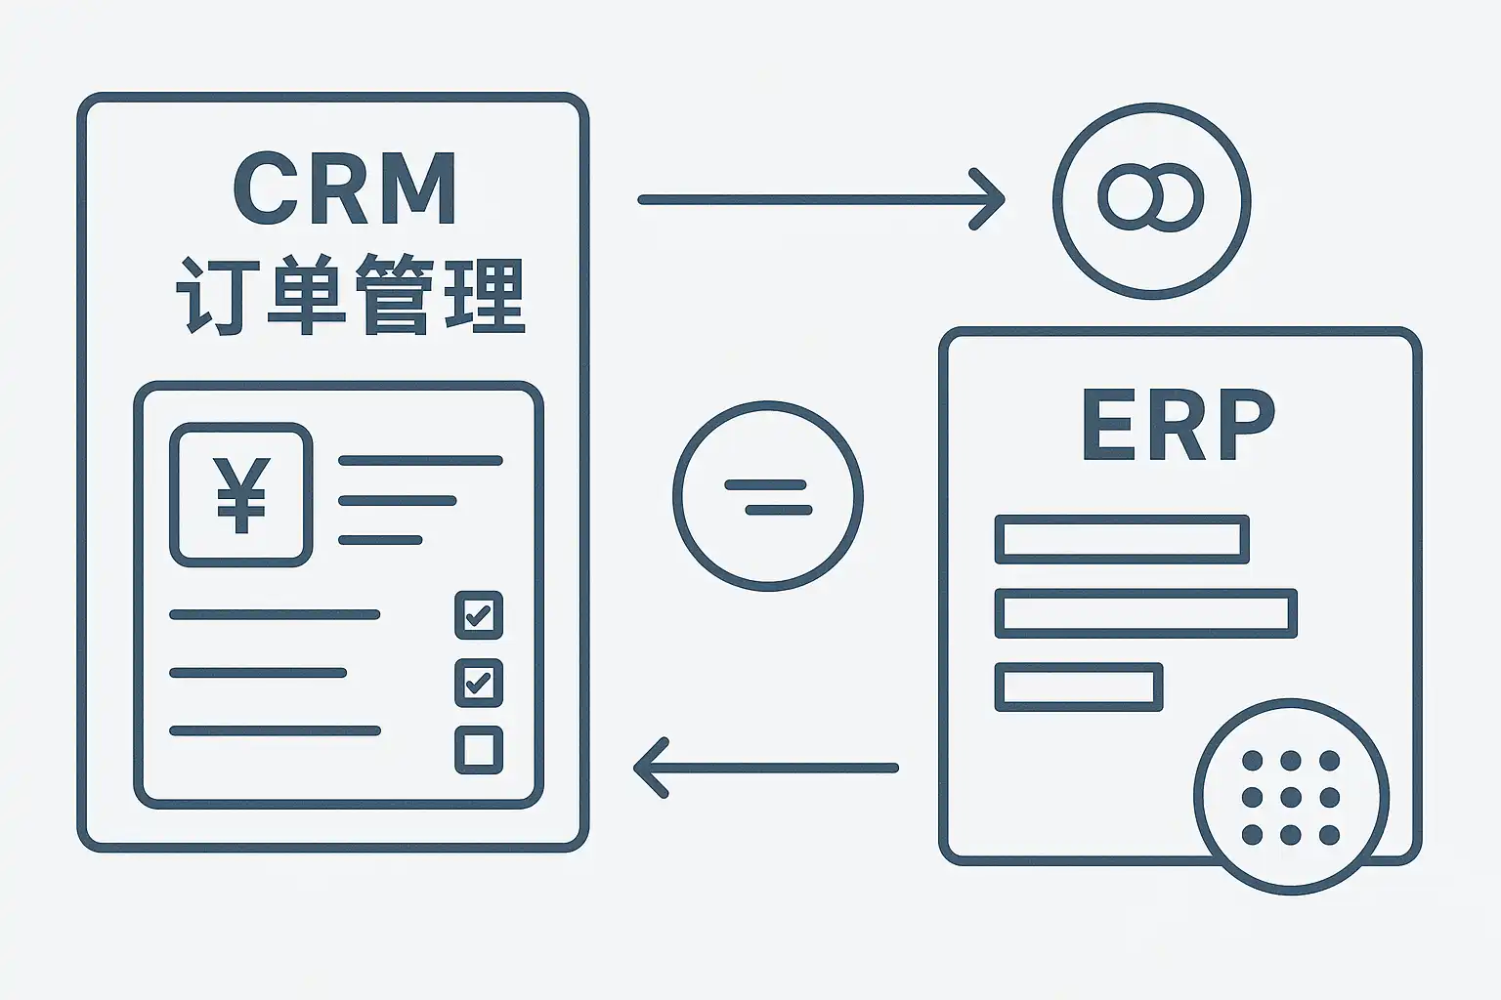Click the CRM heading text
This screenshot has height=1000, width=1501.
345,189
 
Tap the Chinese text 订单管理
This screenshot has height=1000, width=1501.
350,295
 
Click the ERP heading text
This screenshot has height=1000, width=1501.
1178,426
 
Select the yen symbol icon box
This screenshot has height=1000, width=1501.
240,495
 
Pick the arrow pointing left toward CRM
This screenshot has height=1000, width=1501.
766,768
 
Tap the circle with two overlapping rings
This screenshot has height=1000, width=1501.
1151,200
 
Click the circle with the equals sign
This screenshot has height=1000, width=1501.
767,496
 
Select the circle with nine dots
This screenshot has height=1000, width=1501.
1291,796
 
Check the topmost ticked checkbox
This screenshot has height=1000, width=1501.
479,615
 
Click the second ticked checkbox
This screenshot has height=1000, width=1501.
479,683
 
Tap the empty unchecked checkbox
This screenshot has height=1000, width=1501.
479,750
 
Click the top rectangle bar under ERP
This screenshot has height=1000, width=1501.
1121,539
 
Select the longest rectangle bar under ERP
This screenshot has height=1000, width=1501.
1145,613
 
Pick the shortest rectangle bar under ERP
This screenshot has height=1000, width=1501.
1079,687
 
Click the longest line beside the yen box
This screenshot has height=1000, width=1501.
420,460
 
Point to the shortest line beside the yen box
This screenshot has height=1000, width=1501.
380,540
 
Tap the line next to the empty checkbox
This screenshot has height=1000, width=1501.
275,730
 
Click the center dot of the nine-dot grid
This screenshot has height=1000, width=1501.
1291,797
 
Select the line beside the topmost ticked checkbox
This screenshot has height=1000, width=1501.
275,614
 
